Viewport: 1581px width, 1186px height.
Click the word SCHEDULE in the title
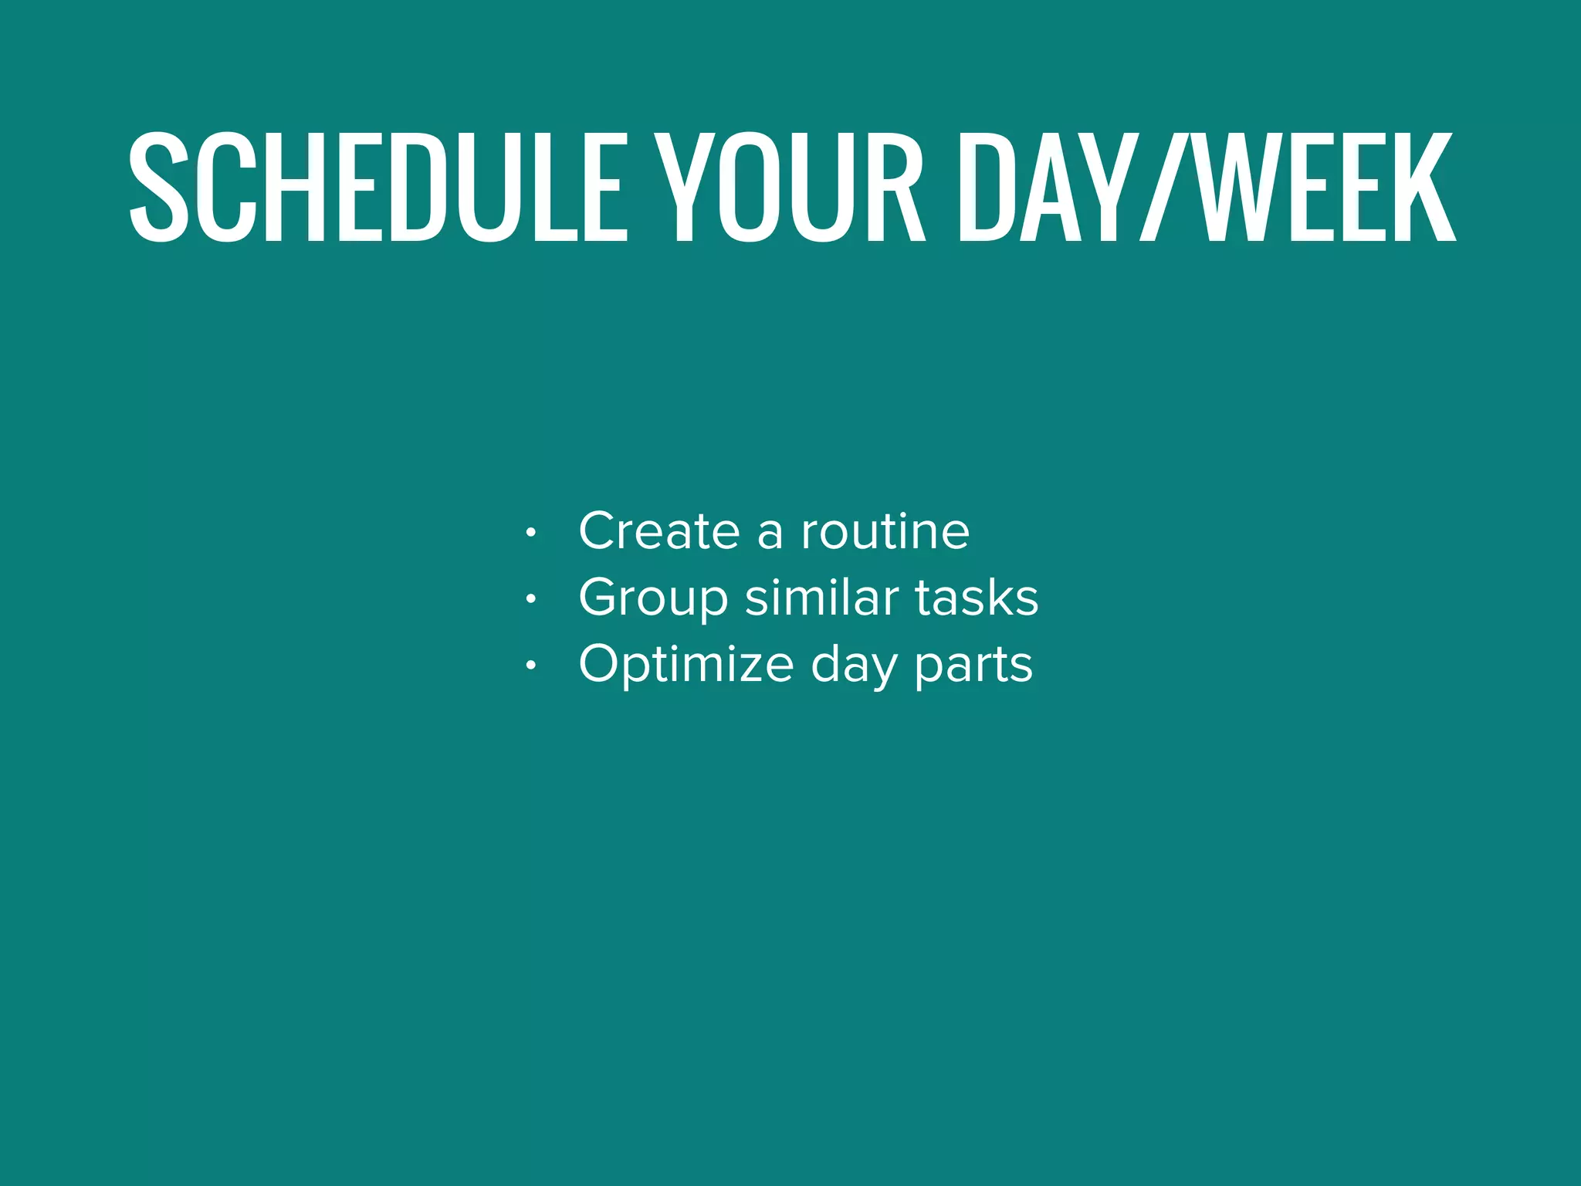pos(378,187)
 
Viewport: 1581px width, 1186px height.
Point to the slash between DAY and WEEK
pos(1166,187)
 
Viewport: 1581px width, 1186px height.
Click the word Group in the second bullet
pos(653,598)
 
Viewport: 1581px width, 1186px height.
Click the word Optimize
pos(686,665)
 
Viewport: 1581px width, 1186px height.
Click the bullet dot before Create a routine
pos(530,533)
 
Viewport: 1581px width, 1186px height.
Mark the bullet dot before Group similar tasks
pos(530,599)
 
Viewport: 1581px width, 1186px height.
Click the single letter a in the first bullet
pos(770,533)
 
